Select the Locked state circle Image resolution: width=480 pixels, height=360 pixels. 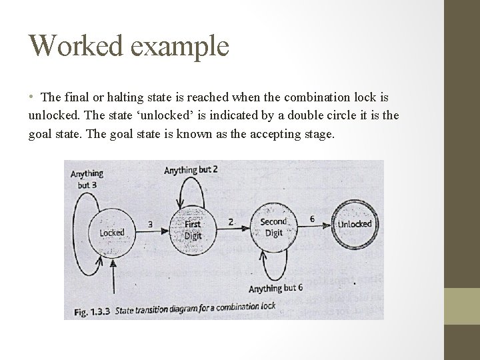point(111,232)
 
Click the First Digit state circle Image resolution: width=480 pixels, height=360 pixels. point(192,228)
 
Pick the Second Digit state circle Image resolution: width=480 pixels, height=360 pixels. point(273,227)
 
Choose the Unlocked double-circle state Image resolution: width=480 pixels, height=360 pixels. point(355,224)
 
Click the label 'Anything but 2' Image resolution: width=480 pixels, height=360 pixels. point(191,170)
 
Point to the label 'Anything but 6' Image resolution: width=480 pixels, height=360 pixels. point(275,289)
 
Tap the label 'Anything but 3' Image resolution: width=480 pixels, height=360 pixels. point(87,179)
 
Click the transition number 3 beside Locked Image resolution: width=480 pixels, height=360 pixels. point(149,224)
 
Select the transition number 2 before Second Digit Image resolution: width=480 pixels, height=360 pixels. point(231,221)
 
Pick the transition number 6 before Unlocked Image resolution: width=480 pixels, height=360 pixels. point(313,219)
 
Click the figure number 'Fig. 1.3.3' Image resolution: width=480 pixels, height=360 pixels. point(91,311)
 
